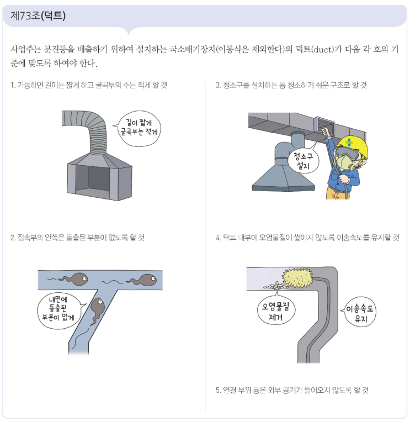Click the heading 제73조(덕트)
click(38, 15)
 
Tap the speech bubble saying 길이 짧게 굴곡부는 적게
click(139, 128)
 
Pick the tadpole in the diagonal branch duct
click(97, 311)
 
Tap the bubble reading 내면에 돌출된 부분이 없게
click(60, 311)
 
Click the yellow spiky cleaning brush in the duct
click(297, 278)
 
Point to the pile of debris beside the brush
click(275, 286)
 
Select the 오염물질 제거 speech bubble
click(276, 312)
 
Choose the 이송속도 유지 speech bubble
click(359, 312)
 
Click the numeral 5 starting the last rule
click(218, 390)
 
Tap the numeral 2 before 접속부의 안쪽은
click(12, 238)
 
